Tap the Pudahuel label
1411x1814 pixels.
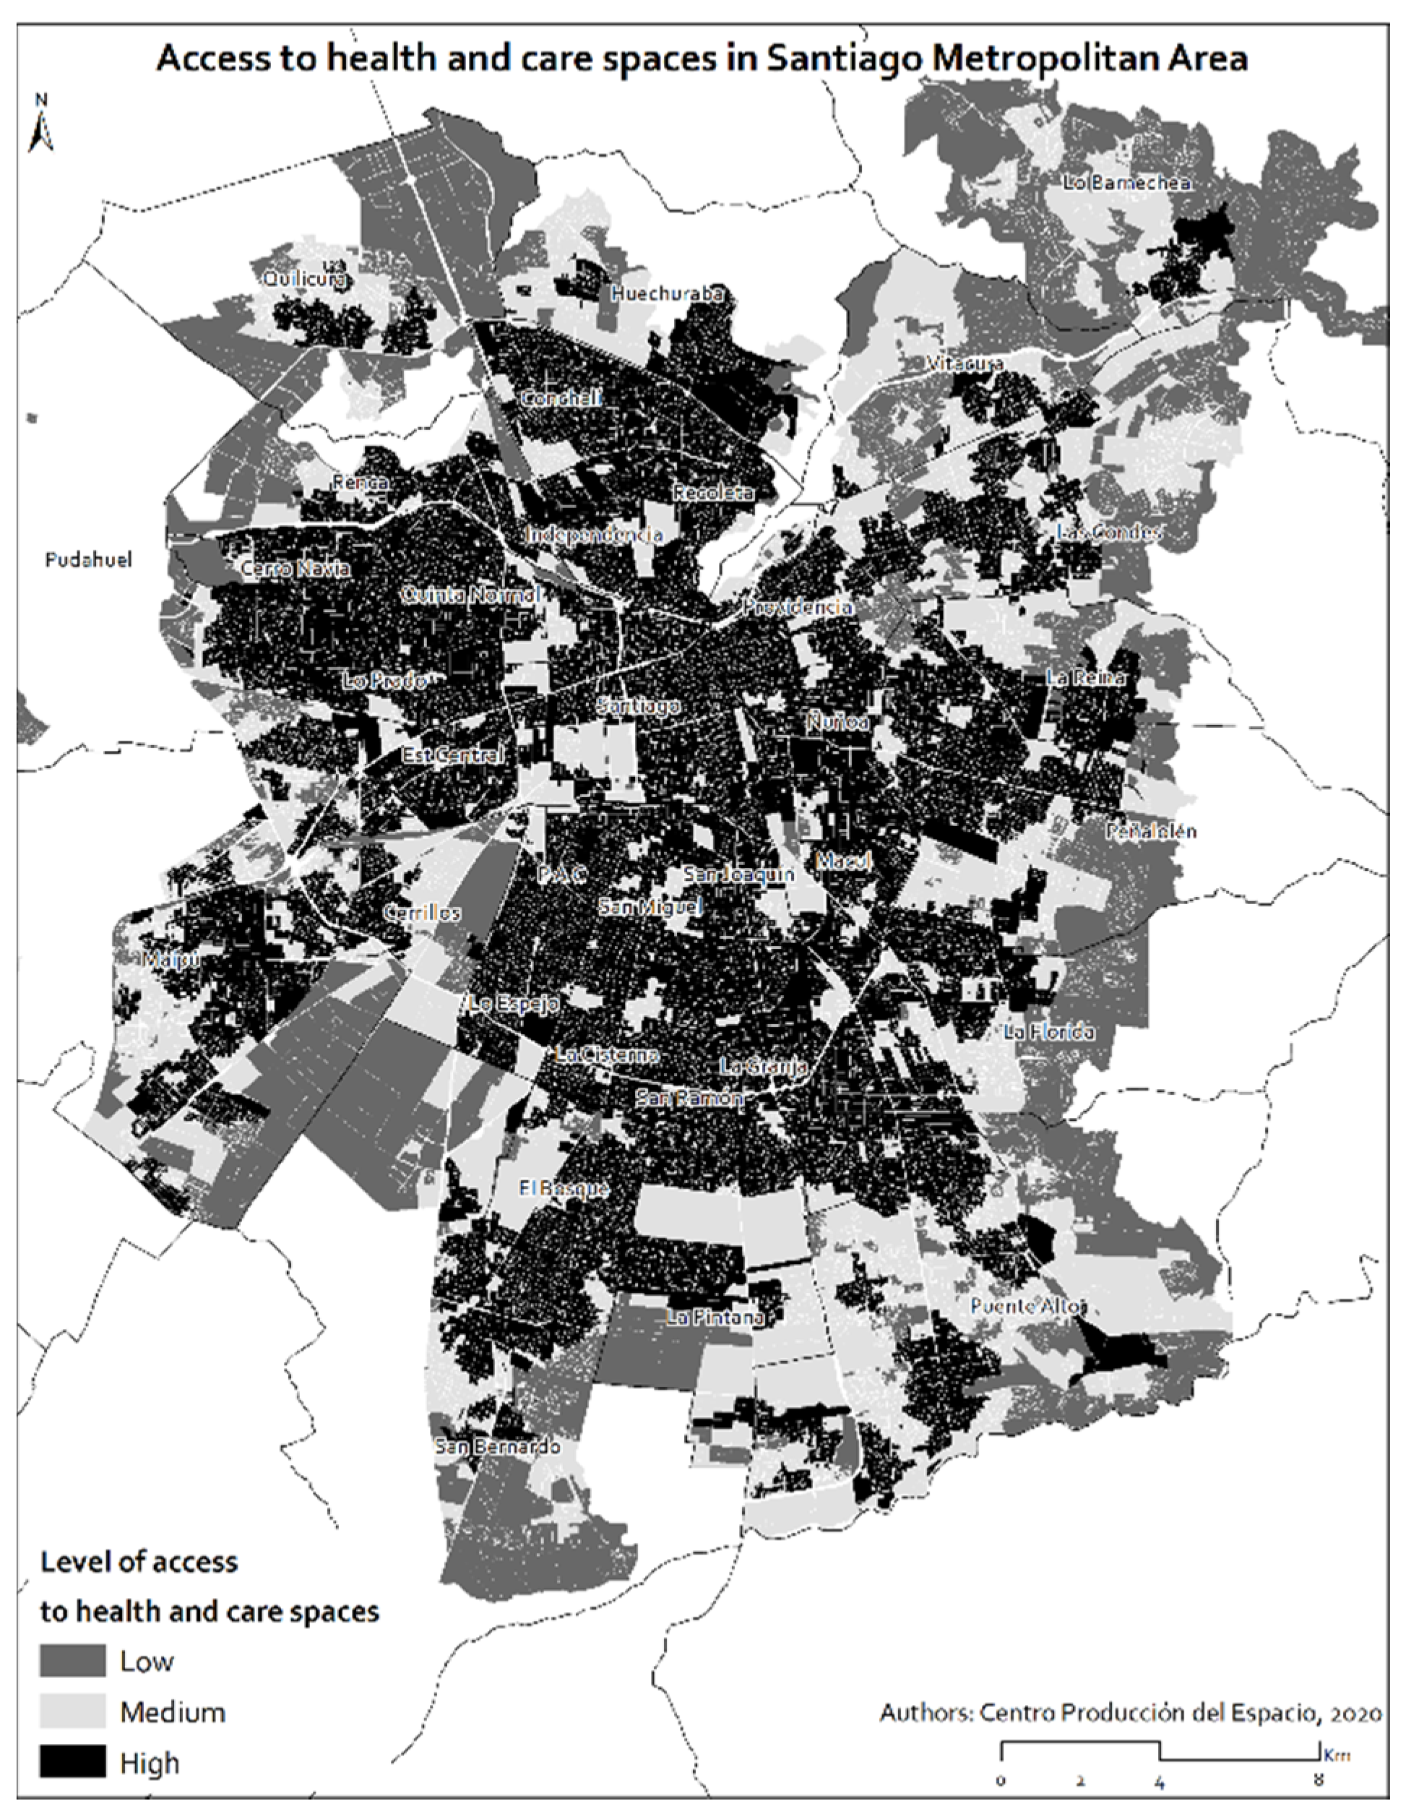tap(88, 560)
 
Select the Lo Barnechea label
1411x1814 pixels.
tap(1127, 182)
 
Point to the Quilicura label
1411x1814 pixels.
tap(305, 280)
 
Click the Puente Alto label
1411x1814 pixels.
tap(1028, 1306)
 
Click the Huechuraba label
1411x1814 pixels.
tap(667, 293)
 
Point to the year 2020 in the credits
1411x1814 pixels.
tap(1353, 1713)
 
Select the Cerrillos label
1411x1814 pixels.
tap(422, 912)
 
